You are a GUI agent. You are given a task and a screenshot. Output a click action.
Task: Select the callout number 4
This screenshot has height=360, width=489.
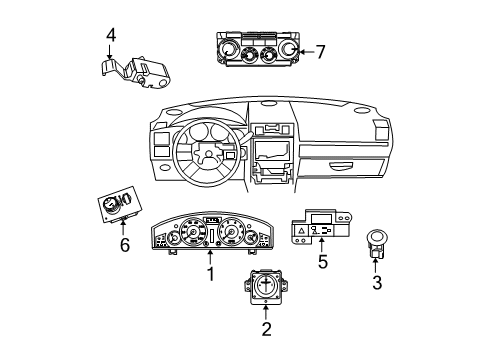click(111, 35)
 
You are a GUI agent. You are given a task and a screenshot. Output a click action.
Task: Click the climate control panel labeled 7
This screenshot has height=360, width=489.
click(255, 52)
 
